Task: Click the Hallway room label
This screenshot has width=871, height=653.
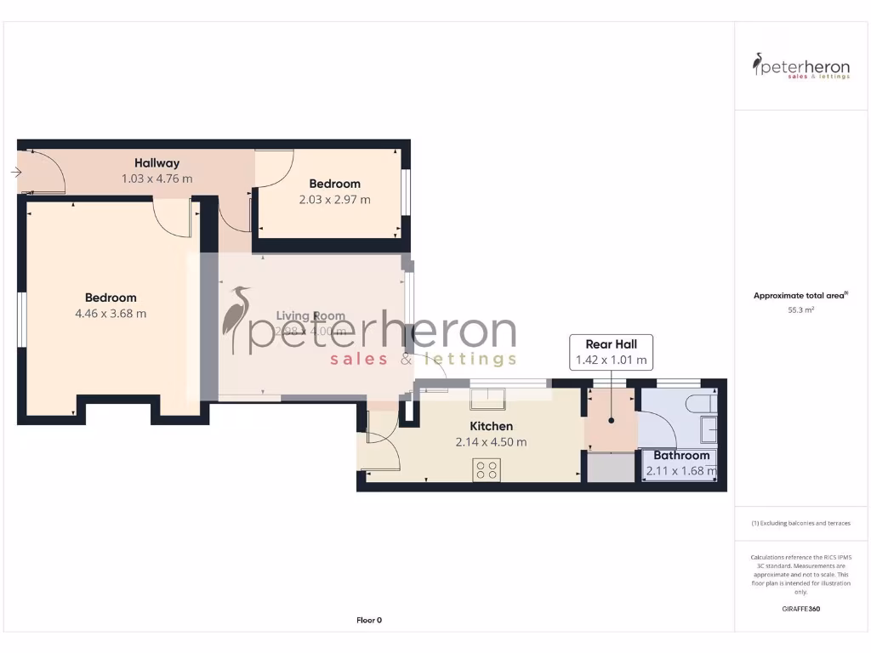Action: (x=157, y=163)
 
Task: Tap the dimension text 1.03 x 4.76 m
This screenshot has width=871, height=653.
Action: (x=157, y=179)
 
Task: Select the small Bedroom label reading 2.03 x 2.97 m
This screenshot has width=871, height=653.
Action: (x=334, y=200)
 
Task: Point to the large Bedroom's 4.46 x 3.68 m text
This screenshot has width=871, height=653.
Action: (x=111, y=313)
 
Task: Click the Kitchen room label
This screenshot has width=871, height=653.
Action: (x=492, y=426)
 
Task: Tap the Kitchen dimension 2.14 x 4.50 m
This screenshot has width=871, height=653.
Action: (x=492, y=442)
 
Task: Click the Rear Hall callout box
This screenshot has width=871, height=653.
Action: (x=611, y=352)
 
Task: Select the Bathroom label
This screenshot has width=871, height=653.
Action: (x=681, y=456)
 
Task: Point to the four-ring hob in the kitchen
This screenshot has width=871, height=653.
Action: (x=487, y=469)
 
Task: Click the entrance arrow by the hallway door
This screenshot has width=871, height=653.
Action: (x=16, y=173)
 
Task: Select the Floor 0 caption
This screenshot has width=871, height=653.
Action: (x=369, y=621)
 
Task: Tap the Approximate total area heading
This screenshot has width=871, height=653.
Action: (x=800, y=296)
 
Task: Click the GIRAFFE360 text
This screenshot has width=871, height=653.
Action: (x=800, y=609)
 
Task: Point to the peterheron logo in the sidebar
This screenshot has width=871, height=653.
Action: (x=800, y=66)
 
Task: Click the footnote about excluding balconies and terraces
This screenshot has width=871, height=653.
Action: (x=800, y=523)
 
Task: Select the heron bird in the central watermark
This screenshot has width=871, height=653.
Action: (x=236, y=320)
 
